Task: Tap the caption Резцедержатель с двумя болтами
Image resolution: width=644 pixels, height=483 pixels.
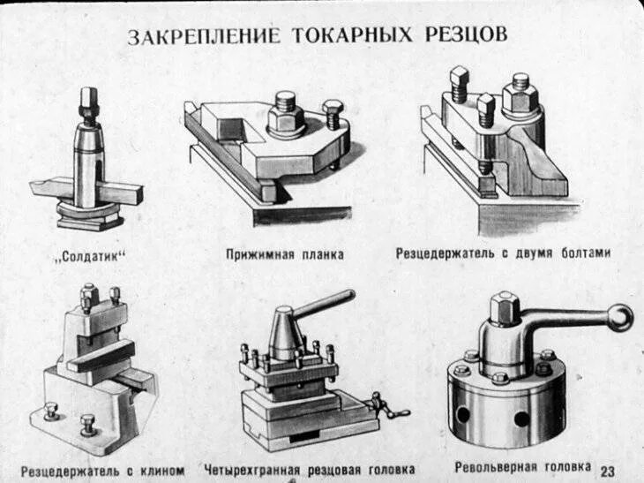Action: pos(503,253)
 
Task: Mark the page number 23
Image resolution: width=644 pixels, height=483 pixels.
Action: pos(609,469)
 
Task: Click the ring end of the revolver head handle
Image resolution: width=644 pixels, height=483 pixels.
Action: pos(620,317)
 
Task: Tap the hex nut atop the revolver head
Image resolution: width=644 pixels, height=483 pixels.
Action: pos(505,307)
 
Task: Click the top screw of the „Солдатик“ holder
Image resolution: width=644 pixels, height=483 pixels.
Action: pos(88,100)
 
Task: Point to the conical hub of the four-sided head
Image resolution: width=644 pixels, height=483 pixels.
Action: pos(286,336)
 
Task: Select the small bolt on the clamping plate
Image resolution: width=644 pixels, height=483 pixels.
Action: pos(333,114)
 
